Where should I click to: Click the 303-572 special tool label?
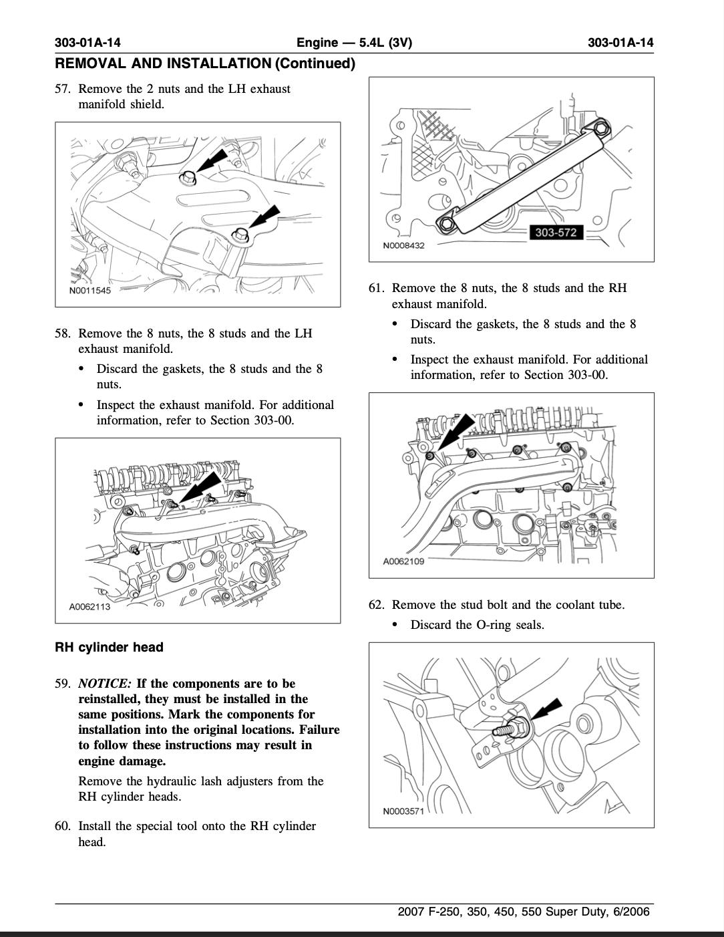pos(556,233)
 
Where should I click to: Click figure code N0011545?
pos(89,291)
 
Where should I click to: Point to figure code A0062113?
pos(89,607)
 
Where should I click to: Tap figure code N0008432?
pos(403,245)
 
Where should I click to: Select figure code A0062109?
pos(403,561)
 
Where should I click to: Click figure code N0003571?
pos(403,811)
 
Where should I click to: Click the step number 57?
pos(62,89)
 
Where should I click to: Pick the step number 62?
pos(376,605)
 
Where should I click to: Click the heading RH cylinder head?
pos(109,647)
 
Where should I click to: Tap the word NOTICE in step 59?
pos(104,684)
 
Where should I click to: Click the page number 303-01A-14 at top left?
pos(87,43)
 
